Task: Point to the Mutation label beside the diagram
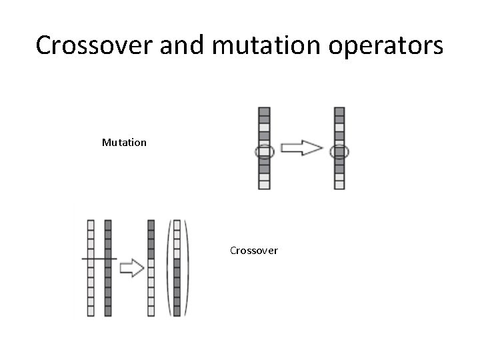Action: (x=124, y=142)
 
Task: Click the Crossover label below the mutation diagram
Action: (x=253, y=251)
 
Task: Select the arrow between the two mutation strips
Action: (x=301, y=148)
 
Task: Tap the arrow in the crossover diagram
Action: (x=131, y=267)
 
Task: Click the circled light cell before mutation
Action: (x=265, y=152)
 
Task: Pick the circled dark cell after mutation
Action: (x=340, y=152)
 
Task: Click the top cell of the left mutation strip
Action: (x=265, y=111)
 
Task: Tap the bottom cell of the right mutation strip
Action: (x=340, y=184)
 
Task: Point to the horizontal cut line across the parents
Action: (x=99, y=257)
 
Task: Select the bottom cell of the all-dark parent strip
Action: (x=107, y=311)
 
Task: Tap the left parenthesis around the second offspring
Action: (x=169, y=267)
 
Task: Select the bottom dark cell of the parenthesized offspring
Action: (x=177, y=311)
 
